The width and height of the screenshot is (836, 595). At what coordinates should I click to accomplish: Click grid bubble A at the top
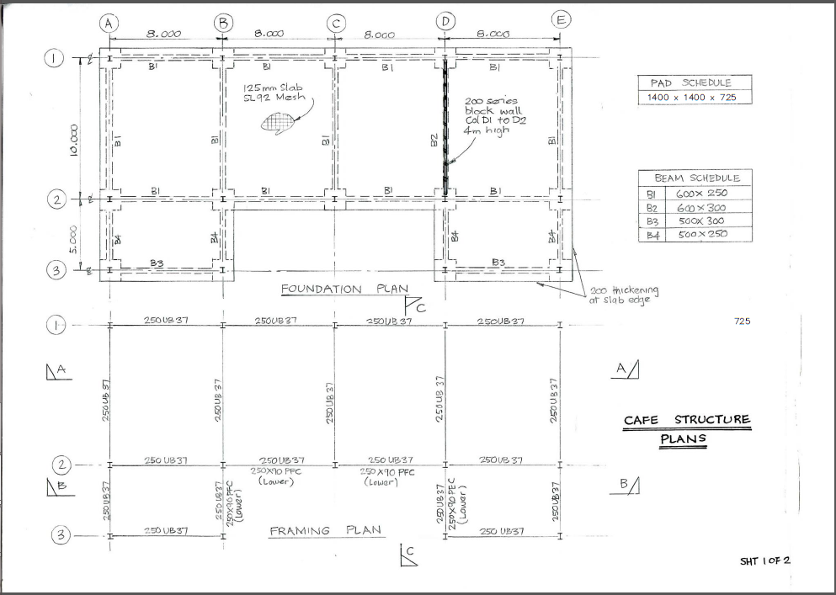coord(109,24)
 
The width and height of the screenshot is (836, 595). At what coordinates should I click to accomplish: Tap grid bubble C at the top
coord(335,24)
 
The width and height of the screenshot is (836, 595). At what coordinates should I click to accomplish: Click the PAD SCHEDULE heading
coord(690,82)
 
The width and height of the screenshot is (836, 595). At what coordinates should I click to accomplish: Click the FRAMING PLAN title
coord(325,531)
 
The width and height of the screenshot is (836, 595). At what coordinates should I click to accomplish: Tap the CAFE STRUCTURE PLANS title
coord(686,428)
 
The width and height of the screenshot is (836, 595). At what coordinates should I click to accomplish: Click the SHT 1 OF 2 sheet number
coord(764,560)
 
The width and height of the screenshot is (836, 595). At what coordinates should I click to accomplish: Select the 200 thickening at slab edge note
coord(624,295)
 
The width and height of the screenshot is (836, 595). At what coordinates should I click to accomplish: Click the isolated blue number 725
coord(742,321)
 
